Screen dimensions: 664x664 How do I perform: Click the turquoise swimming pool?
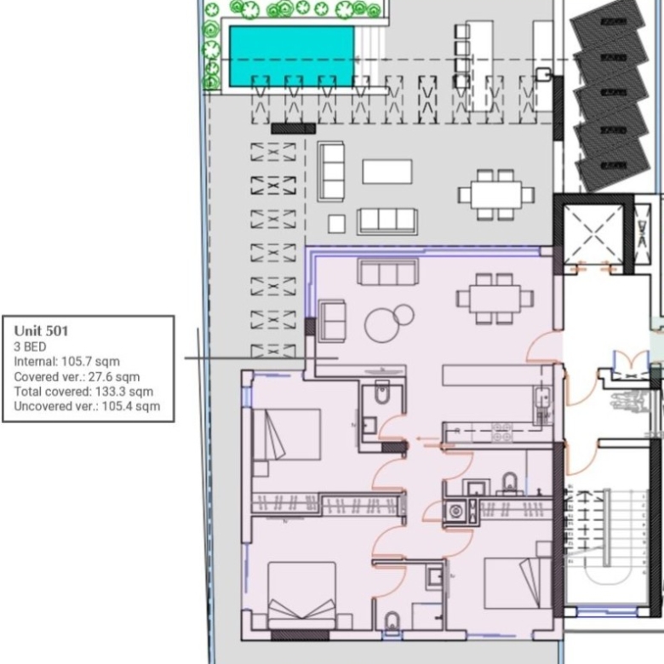tap(292, 56)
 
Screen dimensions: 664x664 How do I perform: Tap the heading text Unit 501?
tap(41, 331)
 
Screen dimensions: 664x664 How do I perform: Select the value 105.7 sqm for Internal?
tap(90, 362)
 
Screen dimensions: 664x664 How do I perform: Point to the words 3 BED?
tap(30, 346)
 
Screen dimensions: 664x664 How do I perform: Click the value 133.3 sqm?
tap(124, 392)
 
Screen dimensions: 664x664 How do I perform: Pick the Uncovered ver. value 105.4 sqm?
tap(131, 406)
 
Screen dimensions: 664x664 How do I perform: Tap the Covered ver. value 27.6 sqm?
tap(114, 376)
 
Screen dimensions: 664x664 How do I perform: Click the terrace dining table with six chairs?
tap(496, 195)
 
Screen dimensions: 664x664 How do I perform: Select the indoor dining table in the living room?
tap(495, 299)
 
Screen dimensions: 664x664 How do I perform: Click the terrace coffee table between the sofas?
tap(387, 171)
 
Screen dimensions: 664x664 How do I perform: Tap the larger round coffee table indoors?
tap(381, 325)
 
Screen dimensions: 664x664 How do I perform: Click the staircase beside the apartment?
tap(607, 547)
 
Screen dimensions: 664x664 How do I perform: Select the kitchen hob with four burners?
tap(501, 432)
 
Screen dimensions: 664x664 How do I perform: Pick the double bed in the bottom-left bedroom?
tap(302, 595)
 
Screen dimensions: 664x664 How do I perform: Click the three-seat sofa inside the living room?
tap(388, 272)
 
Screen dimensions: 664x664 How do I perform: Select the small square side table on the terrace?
tap(336, 224)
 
